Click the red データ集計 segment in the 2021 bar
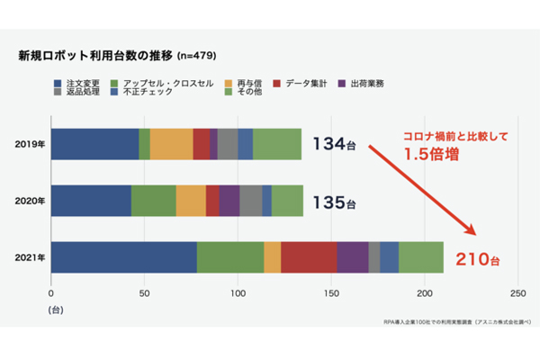pyautogui.click(x=309, y=257)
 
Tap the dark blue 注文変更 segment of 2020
pyautogui.click(x=91, y=201)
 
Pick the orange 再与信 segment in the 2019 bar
pyautogui.click(x=171, y=144)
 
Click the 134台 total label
pyautogui.click(x=334, y=144)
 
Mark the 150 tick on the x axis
pyautogui.click(x=331, y=293)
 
